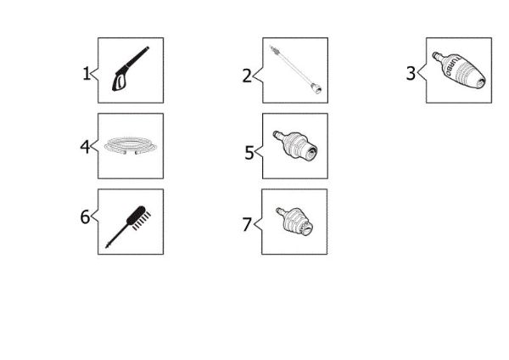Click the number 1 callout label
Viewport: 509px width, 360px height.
(x=87, y=74)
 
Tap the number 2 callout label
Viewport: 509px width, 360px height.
(x=247, y=76)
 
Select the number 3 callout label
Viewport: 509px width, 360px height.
(x=411, y=73)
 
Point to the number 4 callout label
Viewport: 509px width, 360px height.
(x=85, y=147)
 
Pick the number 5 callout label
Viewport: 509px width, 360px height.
(x=249, y=153)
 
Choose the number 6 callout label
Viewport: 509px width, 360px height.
(x=85, y=217)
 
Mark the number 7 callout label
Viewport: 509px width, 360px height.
(x=247, y=224)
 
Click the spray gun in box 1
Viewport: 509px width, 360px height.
(x=131, y=68)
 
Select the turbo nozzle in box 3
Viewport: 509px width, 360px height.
(x=459, y=70)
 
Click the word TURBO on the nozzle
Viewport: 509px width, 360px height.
(x=452, y=67)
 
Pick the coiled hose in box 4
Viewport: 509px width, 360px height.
(x=131, y=145)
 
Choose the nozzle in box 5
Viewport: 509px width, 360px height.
(x=295, y=145)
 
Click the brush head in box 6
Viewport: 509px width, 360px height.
(x=139, y=217)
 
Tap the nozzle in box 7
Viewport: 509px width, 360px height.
(x=294, y=222)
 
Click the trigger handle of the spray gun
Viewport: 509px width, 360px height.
(x=120, y=82)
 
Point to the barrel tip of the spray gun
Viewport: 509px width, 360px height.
(x=148, y=48)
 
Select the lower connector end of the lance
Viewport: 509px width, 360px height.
(x=316, y=88)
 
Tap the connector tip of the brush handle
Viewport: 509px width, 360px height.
(x=108, y=246)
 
